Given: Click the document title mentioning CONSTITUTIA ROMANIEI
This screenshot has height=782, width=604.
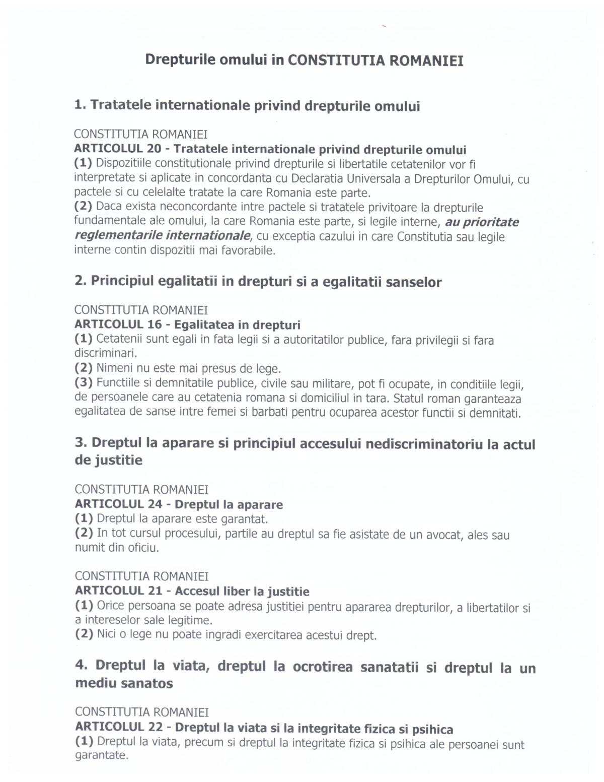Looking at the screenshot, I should click(x=304, y=60).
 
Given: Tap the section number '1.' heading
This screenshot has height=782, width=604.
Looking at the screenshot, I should click(x=81, y=105).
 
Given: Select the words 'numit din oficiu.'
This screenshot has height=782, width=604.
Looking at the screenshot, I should click(x=117, y=548).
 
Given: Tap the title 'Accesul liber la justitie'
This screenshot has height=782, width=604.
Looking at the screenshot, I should click(x=242, y=591).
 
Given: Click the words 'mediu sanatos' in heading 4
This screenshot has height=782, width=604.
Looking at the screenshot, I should click(x=124, y=683).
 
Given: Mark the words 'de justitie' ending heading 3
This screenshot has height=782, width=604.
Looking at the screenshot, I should click(x=109, y=460).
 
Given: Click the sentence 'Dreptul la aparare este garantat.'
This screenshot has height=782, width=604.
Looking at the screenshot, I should click(x=182, y=518).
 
